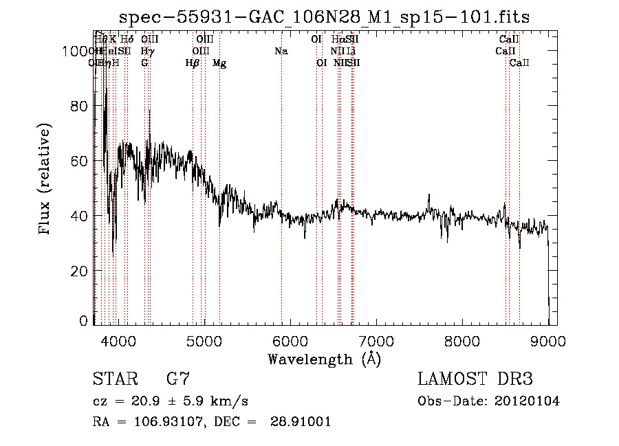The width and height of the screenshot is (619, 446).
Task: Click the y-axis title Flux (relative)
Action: tap(45, 181)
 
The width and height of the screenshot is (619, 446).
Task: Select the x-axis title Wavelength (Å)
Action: tap(324, 359)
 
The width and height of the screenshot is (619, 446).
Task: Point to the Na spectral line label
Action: tap(281, 52)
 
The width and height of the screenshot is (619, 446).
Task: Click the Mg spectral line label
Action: tap(219, 63)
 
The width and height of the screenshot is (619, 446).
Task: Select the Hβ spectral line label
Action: tap(193, 63)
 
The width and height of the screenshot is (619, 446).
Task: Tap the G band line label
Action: tap(144, 63)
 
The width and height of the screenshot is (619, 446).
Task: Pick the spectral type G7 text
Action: tap(177, 379)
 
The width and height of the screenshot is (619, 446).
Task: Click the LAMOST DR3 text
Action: tap(475, 379)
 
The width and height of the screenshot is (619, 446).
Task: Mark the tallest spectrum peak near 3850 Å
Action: tap(105, 89)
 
